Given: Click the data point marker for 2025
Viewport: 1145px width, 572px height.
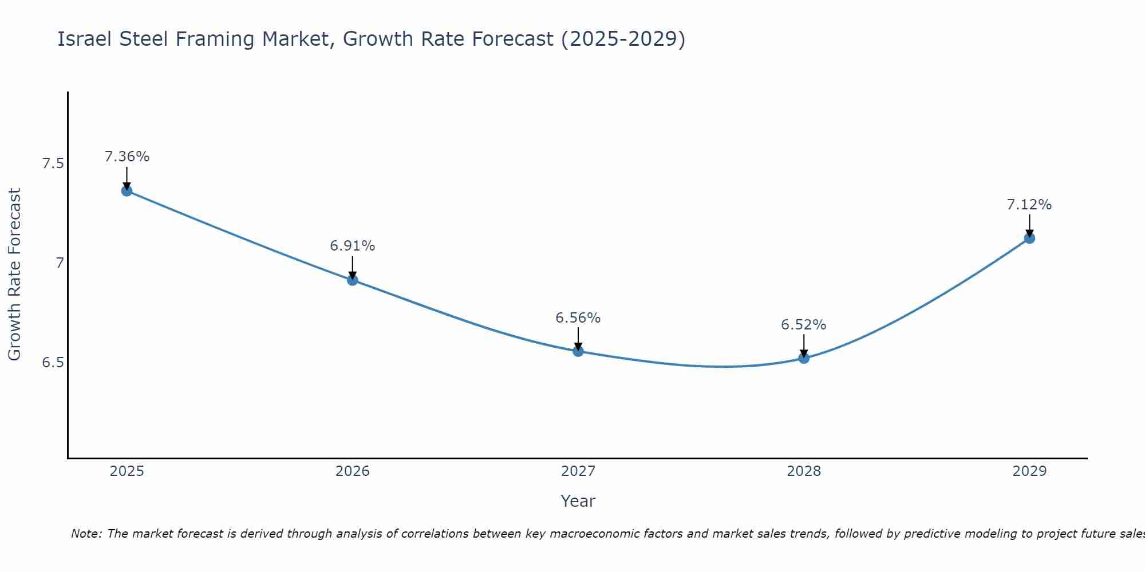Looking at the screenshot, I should (x=127, y=190).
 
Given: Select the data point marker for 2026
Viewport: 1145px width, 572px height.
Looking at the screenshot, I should (x=353, y=280).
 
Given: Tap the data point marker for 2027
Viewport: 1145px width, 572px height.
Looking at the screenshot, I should (x=578, y=351).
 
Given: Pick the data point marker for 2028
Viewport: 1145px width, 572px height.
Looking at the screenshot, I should (x=804, y=358).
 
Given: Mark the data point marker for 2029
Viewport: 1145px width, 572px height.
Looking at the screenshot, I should (x=1029, y=238).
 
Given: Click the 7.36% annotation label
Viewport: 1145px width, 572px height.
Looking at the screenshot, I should (x=127, y=157).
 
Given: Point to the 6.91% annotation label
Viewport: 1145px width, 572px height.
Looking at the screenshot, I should (x=353, y=246).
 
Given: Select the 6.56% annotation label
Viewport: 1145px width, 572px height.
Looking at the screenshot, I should (x=578, y=318).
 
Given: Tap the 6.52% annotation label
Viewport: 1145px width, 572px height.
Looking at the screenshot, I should (x=804, y=325).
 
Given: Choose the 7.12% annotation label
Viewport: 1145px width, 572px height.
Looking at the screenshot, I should (x=1029, y=205).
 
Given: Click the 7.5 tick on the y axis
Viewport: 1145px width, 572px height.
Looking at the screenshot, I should (x=53, y=164).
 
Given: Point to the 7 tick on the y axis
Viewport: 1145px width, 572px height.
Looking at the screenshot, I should (x=60, y=263).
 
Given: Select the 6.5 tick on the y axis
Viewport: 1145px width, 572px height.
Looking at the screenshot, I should (x=53, y=363).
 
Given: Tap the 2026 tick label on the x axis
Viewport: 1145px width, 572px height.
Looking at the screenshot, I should (x=353, y=471).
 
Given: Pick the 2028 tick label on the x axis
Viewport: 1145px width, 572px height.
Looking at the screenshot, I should (x=804, y=471).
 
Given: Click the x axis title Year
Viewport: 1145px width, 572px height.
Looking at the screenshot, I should (x=578, y=501).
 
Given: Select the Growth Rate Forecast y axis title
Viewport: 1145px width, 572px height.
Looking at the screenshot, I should (x=15, y=275).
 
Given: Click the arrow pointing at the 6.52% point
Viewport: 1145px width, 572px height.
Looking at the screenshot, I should (x=804, y=345).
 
